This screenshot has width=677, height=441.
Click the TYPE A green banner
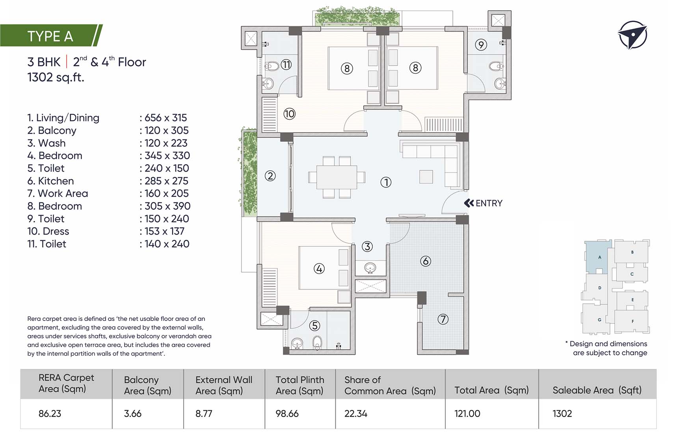pos(51,36)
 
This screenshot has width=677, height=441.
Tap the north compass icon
pos(632,35)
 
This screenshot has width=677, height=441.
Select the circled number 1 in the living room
pos(386,182)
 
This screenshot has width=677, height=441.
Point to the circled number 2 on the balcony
pos(270,176)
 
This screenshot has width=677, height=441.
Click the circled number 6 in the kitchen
pos(425,261)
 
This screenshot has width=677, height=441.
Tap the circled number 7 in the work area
pos(443,319)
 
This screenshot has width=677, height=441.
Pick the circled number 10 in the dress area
pos(289,114)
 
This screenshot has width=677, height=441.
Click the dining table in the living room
pos(337,177)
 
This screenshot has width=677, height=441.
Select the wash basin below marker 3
pos(370,268)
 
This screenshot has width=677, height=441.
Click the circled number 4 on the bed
pos(319,269)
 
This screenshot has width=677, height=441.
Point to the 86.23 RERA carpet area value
pos(50,413)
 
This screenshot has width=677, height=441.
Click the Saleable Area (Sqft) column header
pos(597,390)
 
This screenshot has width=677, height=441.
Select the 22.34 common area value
pos(356,413)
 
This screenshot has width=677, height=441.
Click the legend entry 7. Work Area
pos(58,193)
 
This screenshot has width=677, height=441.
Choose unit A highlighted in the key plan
pos(599,257)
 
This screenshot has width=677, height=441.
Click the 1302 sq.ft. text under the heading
pos(56,77)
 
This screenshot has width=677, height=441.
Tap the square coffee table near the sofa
pos(426,177)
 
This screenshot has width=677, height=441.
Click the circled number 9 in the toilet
pos(481,44)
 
